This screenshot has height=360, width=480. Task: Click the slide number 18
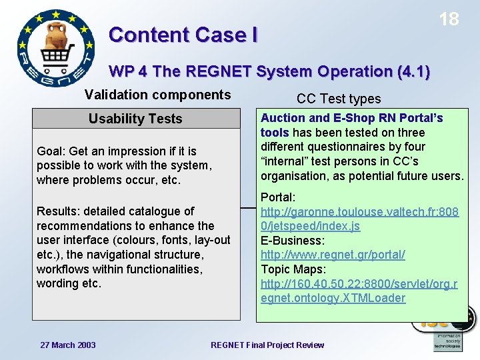(x=449, y=19)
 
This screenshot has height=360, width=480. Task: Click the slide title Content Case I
(x=183, y=35)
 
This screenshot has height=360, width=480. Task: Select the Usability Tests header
(x=135, y=119)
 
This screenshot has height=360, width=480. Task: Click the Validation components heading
(x=158, y=95)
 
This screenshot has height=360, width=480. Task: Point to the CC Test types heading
(x=339, y=99)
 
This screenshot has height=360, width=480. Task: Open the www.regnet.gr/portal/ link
(x=333, y=255)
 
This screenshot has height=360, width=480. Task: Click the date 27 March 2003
(x=68, y=345)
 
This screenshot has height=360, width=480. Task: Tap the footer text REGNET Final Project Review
(x=267, y=345)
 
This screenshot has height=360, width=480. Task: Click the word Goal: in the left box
(x=51, y=151)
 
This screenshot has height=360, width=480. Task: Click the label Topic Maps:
(x=293, y=269)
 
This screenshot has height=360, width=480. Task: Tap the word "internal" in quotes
(x=285, y=161)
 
